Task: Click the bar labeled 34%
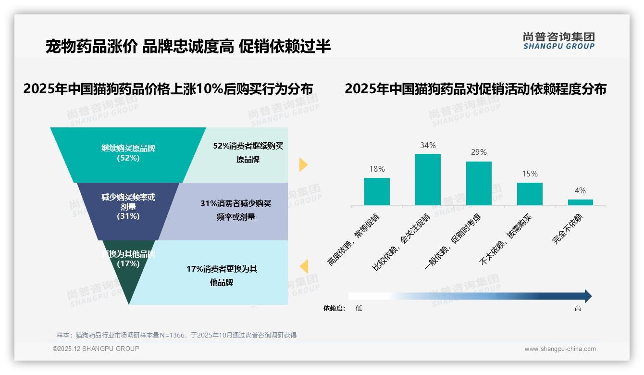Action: (428, 179)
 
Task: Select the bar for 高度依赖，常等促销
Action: (377, 191)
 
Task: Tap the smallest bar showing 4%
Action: (580, 202)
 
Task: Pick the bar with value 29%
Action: (479, 183)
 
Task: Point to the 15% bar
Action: (530, 194)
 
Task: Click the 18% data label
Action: (377, 169)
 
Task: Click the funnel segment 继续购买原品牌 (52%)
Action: (128, 153)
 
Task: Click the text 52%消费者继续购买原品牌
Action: (248, 152)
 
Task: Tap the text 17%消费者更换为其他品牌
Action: (222, 275)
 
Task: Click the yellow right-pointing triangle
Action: (303, 164)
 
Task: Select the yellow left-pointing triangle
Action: (304, 266)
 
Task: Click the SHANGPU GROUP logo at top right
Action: (558, 41)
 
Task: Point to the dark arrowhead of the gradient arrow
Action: (587, 296)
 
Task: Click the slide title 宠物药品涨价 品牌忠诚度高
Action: (188, 47)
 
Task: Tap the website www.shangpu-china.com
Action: (560, 349)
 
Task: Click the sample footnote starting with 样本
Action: (176, 335)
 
